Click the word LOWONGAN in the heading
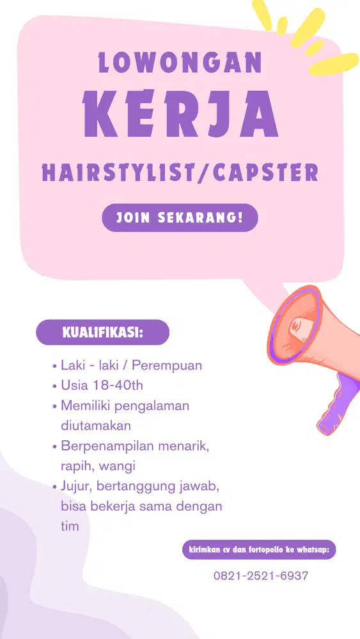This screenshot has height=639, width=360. point(180,63)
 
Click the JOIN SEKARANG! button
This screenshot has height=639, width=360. point(180,218)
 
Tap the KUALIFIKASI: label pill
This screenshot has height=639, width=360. point(102,333)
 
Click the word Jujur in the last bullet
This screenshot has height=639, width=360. point(75,486)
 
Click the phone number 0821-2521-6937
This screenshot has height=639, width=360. point(261,576)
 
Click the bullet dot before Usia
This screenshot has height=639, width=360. point(54,387)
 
